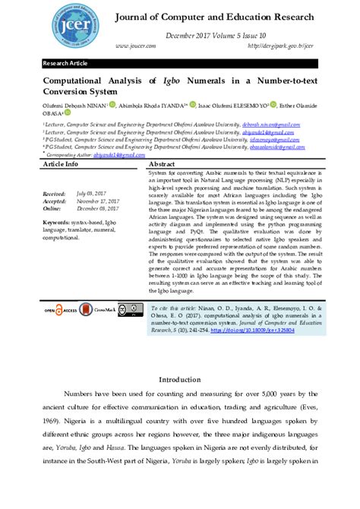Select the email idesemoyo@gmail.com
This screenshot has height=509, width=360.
270,139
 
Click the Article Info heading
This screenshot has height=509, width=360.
61,164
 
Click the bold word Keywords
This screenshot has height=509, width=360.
58,222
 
